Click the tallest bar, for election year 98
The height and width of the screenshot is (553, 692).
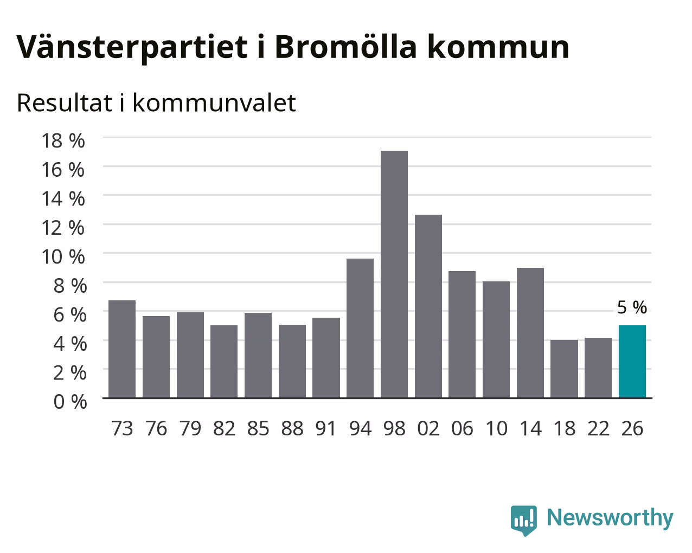pyautogui.click(x=394, y=274)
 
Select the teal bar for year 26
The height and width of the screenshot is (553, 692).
pyautogui.click(x=632, y=362)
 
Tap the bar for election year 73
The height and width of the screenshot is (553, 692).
pyautogui.click(x=122, y=349)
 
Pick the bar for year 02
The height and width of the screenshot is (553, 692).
pyautogui.click(x=428, y=306)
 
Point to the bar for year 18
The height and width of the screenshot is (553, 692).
pyautogui.click(x=564, y=369)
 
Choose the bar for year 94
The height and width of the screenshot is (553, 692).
pyautogui.click(x=360, y=328)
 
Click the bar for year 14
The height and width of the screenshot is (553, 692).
pyautogui.click(x=530, y=333)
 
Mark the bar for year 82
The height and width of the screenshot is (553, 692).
pyautogui.click(x=224, y=362)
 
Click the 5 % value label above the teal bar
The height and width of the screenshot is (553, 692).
pyautogui.click(x=632, y=307)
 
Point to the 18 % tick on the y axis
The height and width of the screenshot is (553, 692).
pyautogui.click(x=63, y=140)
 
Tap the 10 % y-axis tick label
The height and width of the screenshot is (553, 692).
pyautogui.click(x=63, y=256)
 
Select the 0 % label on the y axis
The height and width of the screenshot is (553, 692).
pyautogui.click(x=70, y=402)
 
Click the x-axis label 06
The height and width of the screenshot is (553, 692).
pyautogui.click(x=462, y=428)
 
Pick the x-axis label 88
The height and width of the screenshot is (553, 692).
pyautogui.click(x=292, y=428)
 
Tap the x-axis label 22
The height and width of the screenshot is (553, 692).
pyautogui.click(x=598, y=428)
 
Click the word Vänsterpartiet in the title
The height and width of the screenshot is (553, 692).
pyautogui.click(x=132, y=47)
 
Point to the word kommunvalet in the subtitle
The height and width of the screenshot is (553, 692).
pyautogui.click(x=214, y=103)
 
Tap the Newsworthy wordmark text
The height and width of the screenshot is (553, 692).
pyautogui.click(x=610, y=518)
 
